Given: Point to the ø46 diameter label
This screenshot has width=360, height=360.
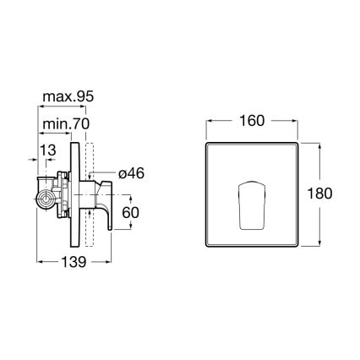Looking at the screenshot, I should point(134,172).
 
